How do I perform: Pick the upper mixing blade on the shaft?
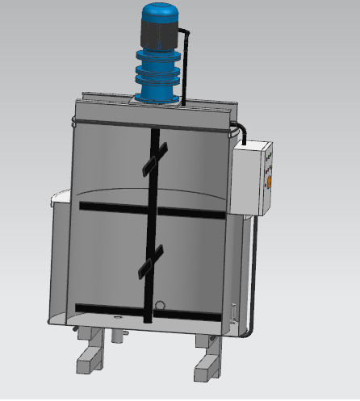click(155, 158)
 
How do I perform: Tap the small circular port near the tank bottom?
click(161, 306)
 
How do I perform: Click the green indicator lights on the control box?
click(270, 153)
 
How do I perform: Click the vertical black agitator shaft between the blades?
click(150, 214)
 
